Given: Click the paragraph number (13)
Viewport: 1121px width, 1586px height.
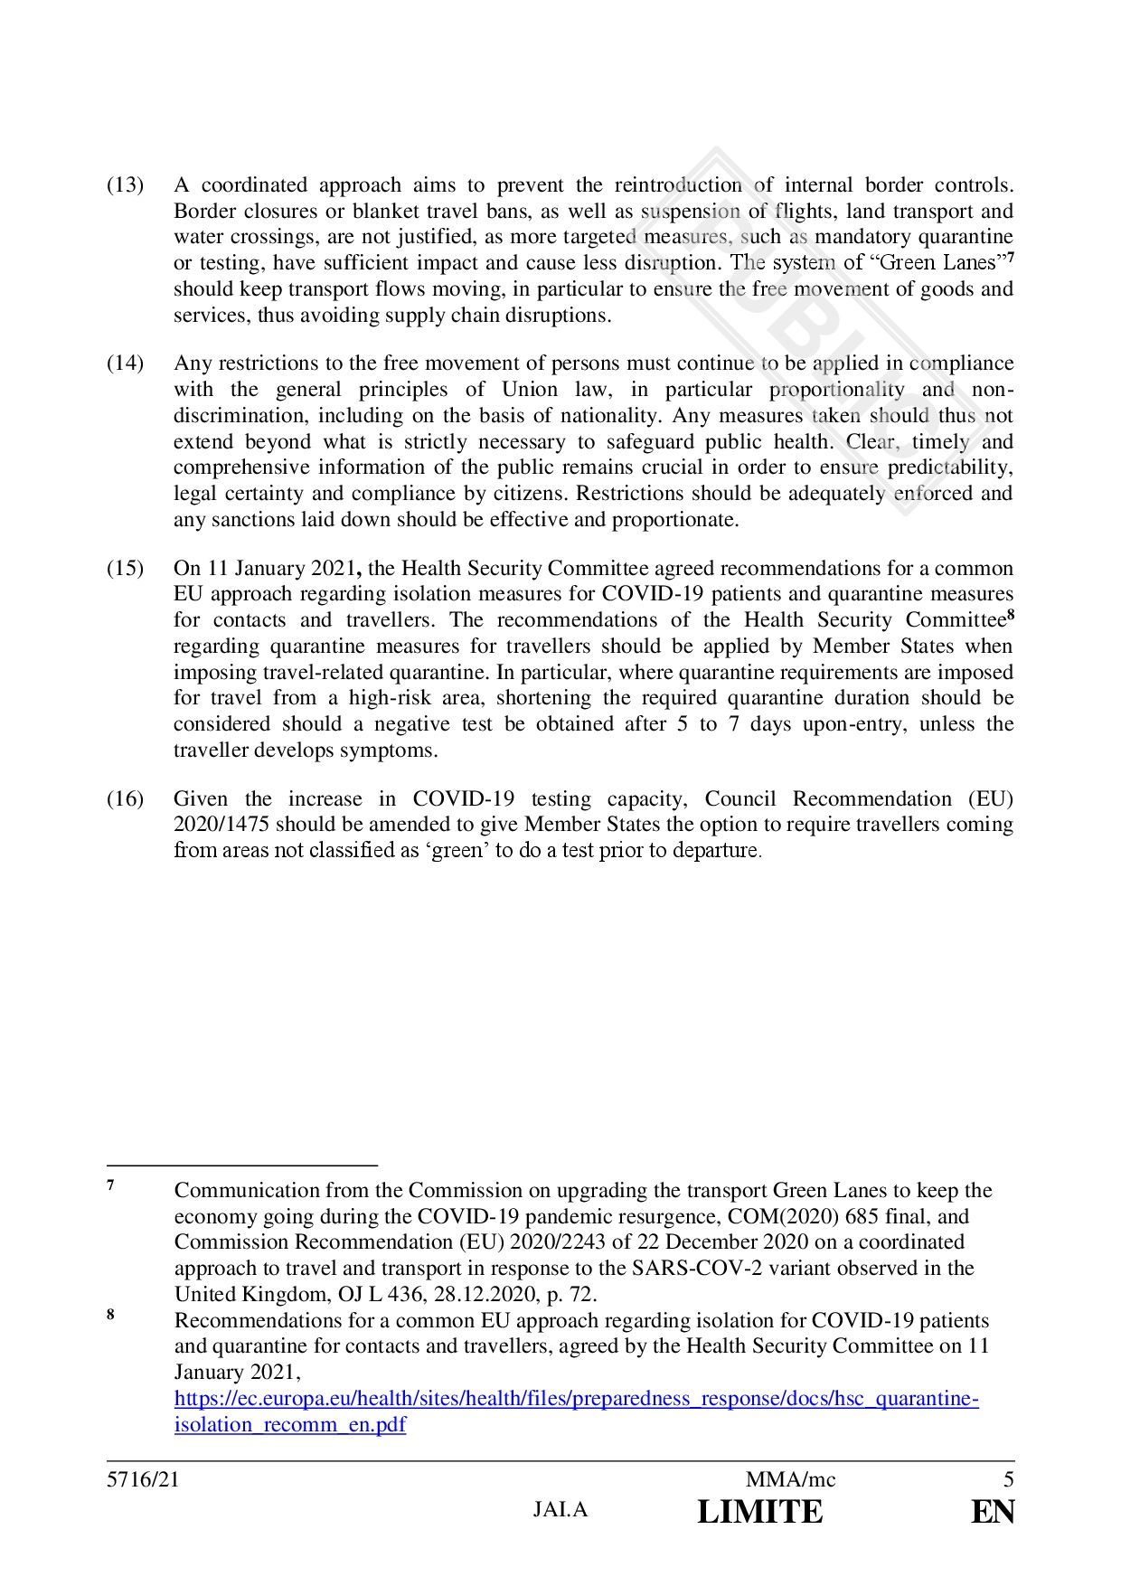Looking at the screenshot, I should (x=126, y=185).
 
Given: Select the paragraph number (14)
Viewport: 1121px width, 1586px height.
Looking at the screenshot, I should (x=126, y=363).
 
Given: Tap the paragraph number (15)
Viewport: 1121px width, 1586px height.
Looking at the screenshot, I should (x=126, y=569).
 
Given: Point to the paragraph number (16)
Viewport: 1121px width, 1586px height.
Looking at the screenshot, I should (x=126, y=799).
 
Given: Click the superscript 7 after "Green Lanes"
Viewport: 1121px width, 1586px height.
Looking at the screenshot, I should (x=1011, y=259).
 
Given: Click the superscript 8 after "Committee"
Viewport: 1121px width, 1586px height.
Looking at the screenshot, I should (x=1011, y=615).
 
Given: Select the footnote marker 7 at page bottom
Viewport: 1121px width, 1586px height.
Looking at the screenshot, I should (x=110, y=1185).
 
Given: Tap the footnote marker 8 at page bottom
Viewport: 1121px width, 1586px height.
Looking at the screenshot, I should (x=110, y=1316).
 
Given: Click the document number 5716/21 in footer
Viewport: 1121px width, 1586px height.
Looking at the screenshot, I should (x=137, y=1480).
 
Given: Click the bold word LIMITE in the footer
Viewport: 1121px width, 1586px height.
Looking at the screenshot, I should (x=760, y=1512).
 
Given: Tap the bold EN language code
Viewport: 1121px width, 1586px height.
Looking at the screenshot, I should (x=993, y=1512).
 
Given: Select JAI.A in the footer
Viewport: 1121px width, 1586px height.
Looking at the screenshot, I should (x=560, y=1510).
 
